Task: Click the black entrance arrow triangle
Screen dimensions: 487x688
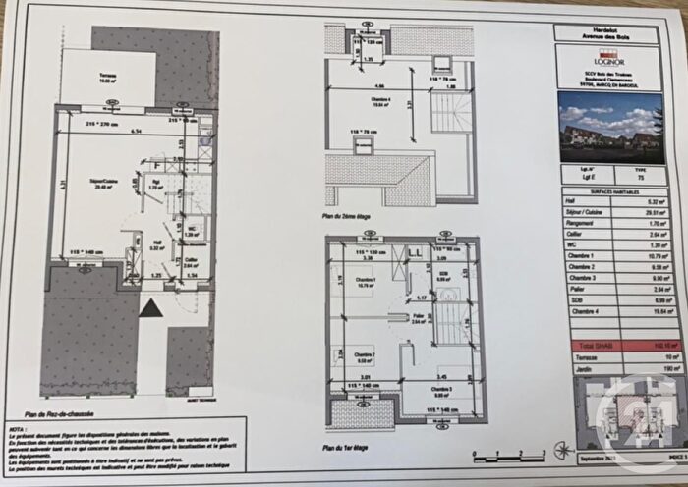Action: (x=149, y=309)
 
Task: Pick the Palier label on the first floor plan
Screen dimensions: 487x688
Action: (x=419, y=317)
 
